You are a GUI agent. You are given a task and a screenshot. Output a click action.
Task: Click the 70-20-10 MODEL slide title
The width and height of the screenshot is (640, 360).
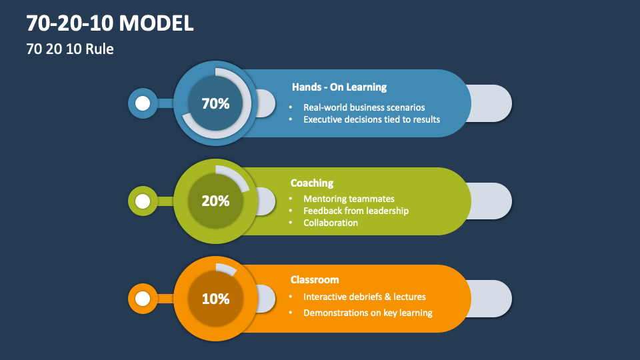111,23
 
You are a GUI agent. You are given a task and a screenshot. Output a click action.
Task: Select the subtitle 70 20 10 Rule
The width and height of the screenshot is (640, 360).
70,49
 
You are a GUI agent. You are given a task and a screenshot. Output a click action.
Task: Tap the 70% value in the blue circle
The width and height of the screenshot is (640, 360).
215,103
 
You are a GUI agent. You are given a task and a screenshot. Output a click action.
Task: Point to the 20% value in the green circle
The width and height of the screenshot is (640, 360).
215,201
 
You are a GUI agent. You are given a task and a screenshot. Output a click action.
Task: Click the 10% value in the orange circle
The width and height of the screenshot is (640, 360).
215,299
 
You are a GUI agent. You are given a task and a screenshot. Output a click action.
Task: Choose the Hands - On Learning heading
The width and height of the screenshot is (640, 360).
339,87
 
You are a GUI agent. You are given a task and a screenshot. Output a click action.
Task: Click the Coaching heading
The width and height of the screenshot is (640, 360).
312,183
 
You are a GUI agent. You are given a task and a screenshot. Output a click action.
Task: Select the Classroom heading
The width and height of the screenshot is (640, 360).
315,280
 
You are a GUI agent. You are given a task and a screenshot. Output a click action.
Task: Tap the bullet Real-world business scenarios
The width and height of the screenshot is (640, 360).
364,107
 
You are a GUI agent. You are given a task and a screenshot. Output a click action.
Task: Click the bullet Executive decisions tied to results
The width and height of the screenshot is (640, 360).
371,119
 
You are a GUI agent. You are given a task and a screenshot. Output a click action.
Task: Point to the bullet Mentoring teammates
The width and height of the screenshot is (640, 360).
349,199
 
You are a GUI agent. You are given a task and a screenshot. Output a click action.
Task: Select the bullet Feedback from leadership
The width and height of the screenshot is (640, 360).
356,211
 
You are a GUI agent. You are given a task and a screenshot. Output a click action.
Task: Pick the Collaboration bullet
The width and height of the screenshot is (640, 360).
331,223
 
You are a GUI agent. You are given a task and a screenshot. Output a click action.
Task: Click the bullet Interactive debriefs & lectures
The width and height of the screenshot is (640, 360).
364,297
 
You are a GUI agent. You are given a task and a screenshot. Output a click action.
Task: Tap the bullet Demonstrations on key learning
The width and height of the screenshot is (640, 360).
368,313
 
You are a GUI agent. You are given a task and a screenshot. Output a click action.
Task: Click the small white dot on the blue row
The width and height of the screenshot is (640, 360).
143,103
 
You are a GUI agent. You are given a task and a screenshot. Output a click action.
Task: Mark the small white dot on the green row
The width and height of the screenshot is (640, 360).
143,201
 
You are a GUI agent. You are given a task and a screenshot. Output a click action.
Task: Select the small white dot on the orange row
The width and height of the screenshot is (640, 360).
143,299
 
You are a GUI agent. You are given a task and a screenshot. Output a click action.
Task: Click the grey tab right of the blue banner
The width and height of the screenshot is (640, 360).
492,103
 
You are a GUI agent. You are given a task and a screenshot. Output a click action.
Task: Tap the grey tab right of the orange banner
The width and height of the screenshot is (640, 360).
492,299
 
